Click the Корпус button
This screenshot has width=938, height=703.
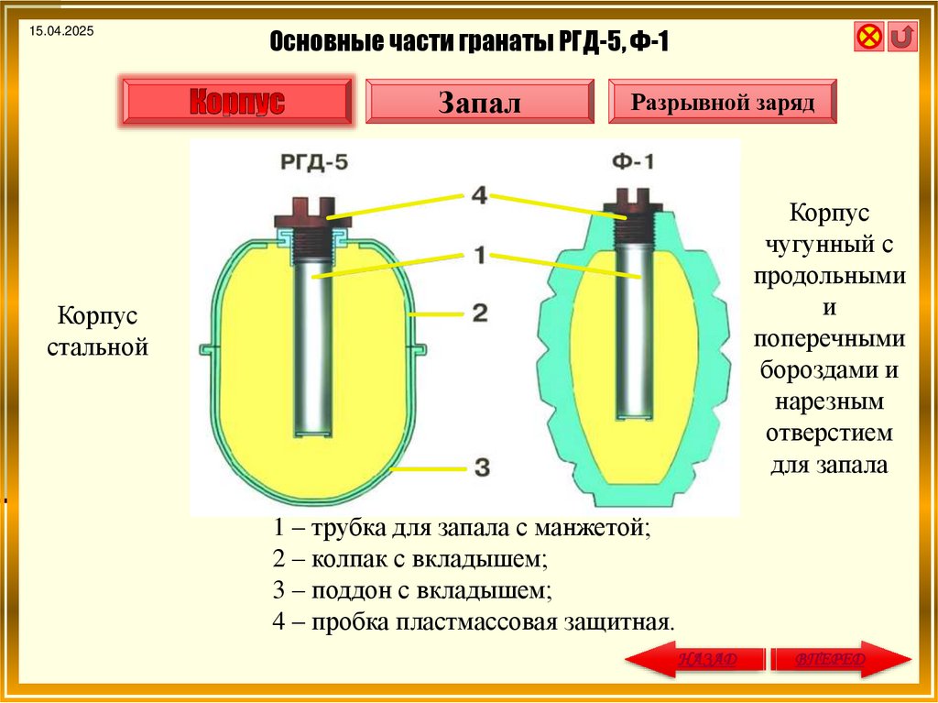point(236,102)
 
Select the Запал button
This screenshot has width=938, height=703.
point(479,102)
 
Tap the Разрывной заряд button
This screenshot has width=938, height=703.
point(723,101)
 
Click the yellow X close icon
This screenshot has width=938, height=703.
point(868,37)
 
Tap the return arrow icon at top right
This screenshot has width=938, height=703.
point(902,37)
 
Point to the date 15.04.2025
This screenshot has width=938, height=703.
point(61,32)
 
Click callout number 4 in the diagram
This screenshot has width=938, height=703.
point(479,195)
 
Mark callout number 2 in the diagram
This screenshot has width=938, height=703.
point(479,313)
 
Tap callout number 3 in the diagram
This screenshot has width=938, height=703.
point(481,468)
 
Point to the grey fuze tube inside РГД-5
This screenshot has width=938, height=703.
point(312,348)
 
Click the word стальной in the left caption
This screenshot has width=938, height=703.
point(104,347)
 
